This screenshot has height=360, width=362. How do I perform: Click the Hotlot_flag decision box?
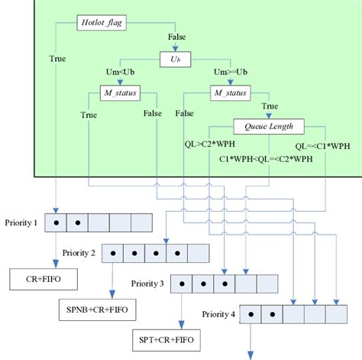click(104, 24)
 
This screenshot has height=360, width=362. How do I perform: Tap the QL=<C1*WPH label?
click(319, 143)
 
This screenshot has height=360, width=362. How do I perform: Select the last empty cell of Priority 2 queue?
click(199, 252)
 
